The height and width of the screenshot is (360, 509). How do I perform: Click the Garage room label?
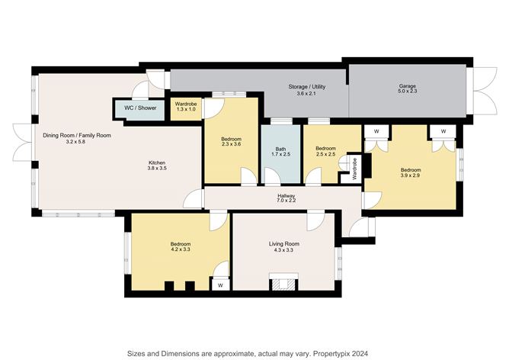[x=408, y=86]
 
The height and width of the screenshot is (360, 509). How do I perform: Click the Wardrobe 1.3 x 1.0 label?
[x=186, y=107]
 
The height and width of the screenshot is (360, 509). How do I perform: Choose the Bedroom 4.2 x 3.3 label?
[x=181, y=247]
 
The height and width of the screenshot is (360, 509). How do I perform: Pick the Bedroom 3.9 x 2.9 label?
[x=410, y=172]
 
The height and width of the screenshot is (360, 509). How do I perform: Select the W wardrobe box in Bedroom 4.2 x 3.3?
[x=220, y=284]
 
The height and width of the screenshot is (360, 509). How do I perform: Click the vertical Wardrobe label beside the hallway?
[x=354, y=169]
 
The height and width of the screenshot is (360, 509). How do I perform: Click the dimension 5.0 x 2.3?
[x=408, y=93]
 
